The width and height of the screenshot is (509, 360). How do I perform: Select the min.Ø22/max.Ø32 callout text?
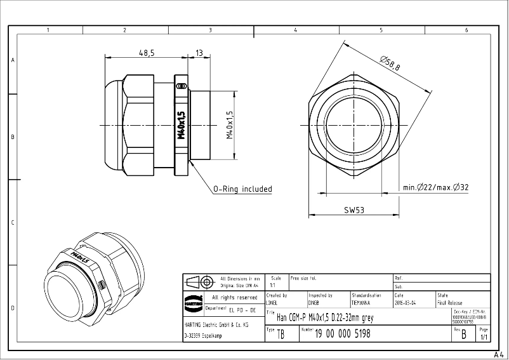point(435,187)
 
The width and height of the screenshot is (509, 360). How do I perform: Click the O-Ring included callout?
point(242,189)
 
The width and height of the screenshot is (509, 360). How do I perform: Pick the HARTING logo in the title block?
point(192,303)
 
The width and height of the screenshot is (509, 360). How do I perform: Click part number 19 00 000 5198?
point(343,333)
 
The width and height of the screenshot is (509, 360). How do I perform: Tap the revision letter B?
point(463,335)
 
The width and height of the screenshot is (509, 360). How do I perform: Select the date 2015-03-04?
point(406,303)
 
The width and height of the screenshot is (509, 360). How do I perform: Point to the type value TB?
point(281,335)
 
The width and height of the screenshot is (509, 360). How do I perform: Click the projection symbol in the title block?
point(199,281)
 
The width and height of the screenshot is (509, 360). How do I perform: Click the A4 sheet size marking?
point(499,354)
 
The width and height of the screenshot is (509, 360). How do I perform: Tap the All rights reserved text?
point(235,297)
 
